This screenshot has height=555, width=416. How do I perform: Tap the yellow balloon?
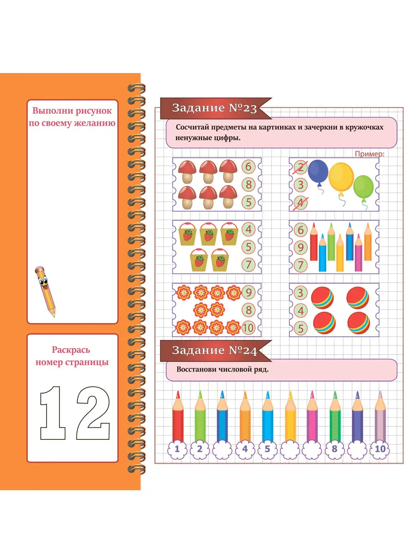click(341, 177)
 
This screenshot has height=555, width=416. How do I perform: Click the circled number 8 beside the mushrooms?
click(249, 185)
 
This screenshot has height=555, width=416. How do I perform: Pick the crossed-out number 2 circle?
click(300, 167)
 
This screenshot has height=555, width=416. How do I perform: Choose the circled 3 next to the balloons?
click(300, 185)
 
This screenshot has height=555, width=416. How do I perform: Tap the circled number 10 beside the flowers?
click(248, 328)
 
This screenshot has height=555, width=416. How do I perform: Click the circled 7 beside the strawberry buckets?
click(249, 265)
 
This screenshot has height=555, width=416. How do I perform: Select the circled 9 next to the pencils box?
click(300, 247)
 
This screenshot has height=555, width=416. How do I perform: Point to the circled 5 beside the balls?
click(300, 328)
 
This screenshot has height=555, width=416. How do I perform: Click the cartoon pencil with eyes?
click(45, 291)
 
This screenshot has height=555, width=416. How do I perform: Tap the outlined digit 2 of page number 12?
click(93, 413)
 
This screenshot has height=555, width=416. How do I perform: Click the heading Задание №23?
click(214, 108)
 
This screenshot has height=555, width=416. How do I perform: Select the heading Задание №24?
click(214, 351)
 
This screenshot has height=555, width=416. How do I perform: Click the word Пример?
click(369, 154)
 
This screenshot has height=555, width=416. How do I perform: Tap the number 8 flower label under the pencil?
click(334, 449)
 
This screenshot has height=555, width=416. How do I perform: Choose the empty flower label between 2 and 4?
click(222, 449)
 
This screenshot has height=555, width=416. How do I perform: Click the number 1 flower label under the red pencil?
click(177, 449)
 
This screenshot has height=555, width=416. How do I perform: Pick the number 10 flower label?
click(379, 449)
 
